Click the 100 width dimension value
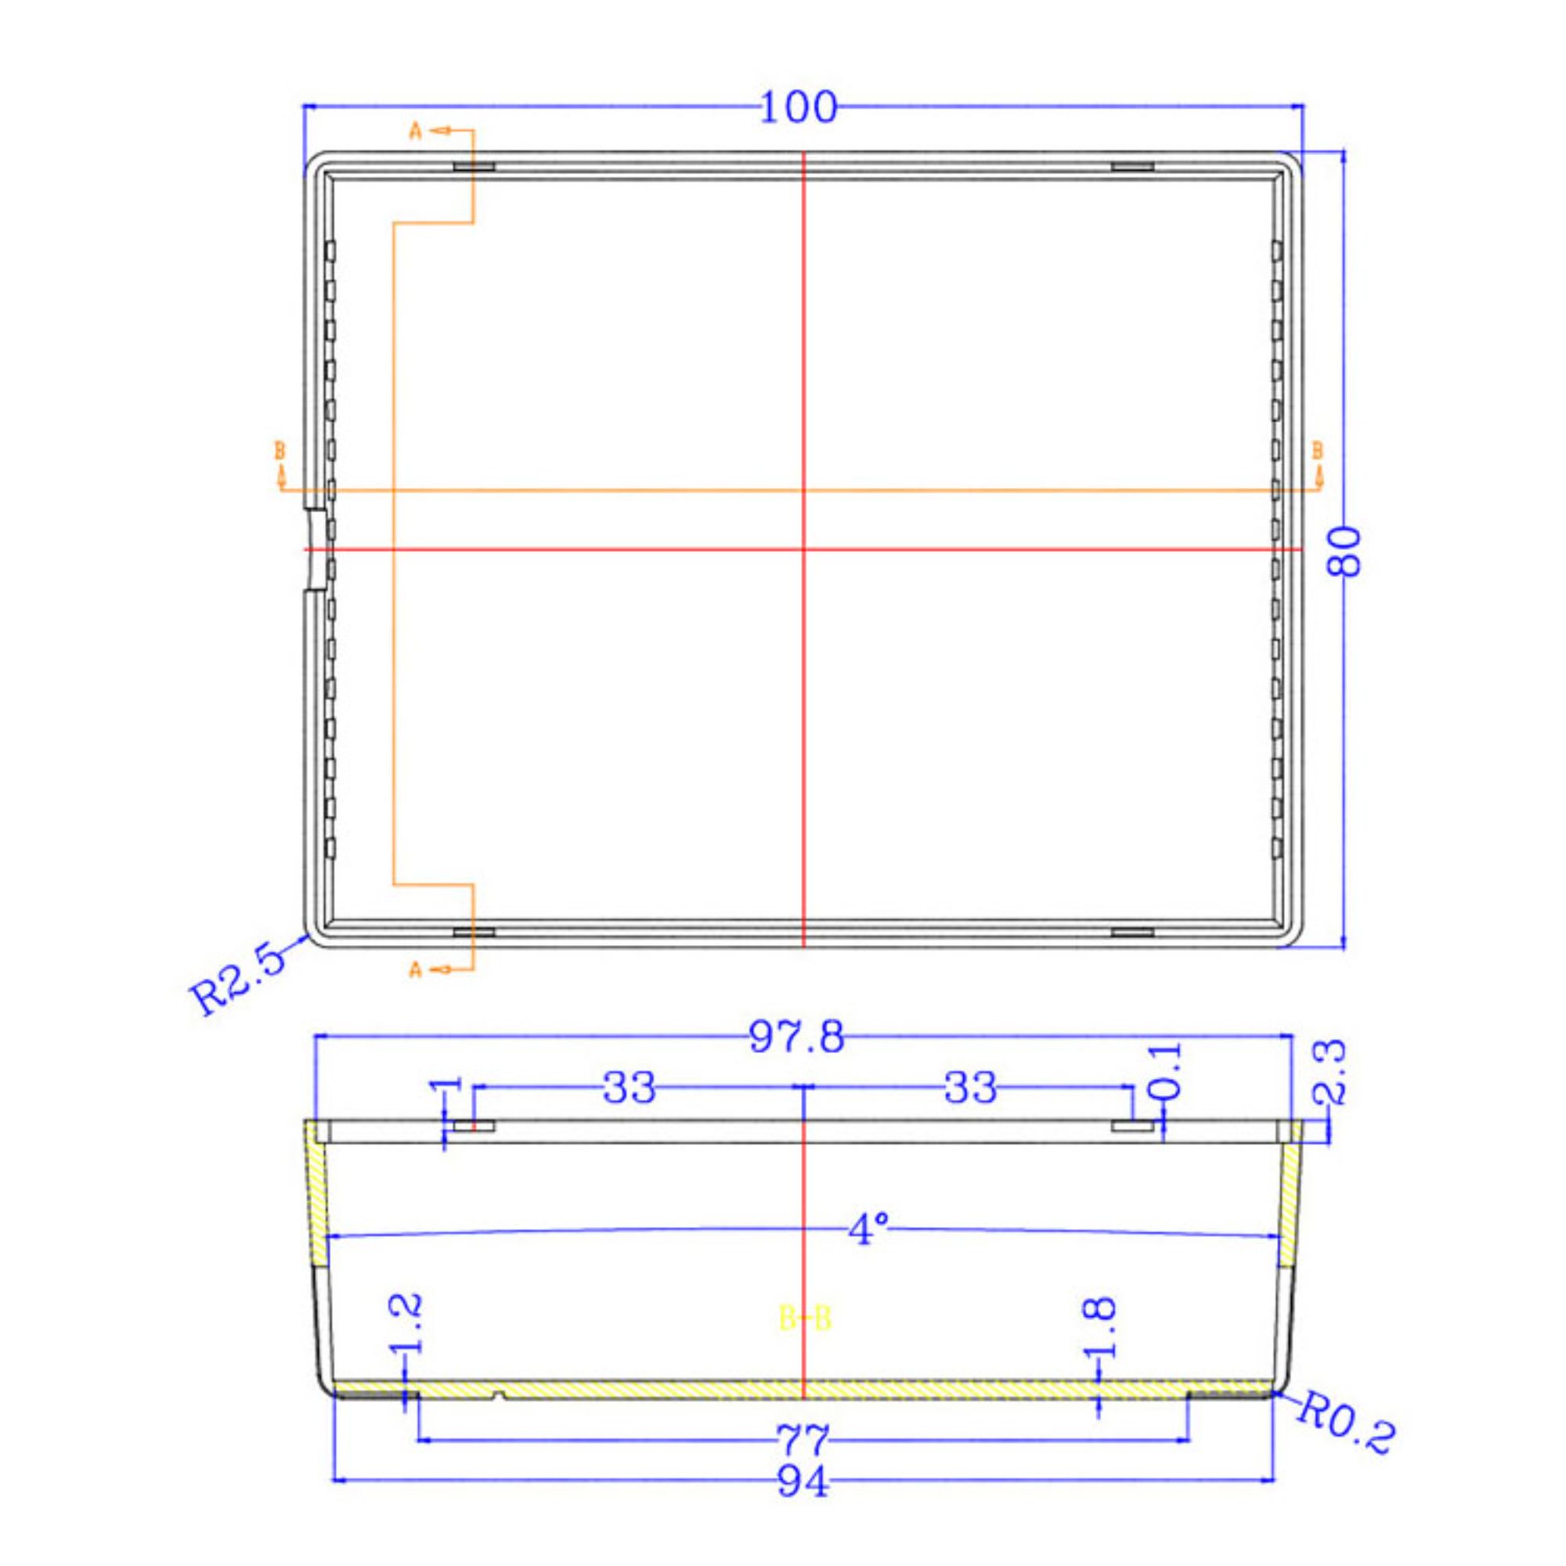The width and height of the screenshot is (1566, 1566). tap(798, 108)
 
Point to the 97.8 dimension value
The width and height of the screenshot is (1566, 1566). tap(797, 1038)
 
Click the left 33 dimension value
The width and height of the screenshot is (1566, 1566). tap(630, 1088)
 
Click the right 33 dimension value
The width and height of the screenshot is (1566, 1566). tap(971, 1088)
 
